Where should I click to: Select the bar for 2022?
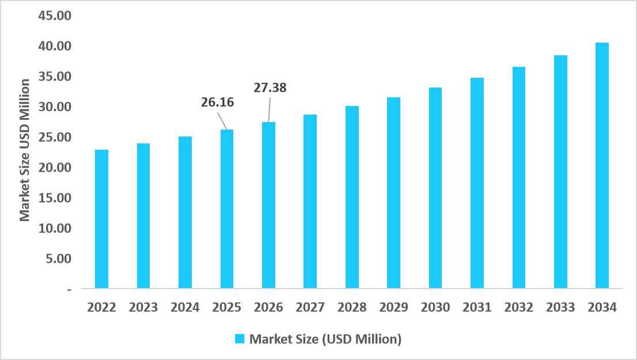(101, 219)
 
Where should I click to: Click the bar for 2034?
(602, 165)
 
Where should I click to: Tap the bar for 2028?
(352, 197)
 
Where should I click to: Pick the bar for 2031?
(477, 183)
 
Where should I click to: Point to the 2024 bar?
(185, 212)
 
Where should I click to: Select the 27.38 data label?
(270, 88)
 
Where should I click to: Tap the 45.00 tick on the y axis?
(54, 16)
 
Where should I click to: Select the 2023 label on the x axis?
(143, 308)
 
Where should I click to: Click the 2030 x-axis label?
(435, 308)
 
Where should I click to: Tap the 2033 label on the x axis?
(560, 308)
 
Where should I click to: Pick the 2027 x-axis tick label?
(310, 308)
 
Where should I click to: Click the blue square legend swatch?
(240, 339)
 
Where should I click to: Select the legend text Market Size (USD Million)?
(325, 339)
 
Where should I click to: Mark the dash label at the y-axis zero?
(70, 289)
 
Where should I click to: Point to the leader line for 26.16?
(222, 120)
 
